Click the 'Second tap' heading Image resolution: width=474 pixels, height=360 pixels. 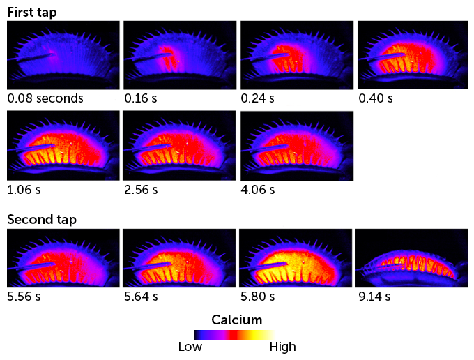(42, 219)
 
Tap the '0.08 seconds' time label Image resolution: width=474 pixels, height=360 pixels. (45, 98)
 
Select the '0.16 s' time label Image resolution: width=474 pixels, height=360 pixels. (141, 98)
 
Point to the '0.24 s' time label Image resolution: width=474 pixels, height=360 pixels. (258, 98)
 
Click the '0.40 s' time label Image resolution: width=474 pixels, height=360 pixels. (376, 98)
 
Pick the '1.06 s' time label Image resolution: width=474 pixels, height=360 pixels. (24, 189)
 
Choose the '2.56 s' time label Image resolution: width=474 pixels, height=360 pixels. (141, 189)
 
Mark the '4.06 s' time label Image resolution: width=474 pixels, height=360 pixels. (258, 189)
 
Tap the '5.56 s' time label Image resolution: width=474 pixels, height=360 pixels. (24, 297)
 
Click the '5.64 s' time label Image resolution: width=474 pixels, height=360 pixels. (141, 297)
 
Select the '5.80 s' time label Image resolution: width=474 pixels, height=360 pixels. (258, 297)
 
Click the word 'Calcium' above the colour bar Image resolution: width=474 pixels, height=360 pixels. (236, 320)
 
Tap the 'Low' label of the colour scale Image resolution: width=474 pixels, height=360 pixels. (190, 347)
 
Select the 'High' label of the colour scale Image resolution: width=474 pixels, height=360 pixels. (282, 347)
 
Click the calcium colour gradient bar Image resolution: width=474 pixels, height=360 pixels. (234, 334)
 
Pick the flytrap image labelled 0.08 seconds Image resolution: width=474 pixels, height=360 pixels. (63, 54)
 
